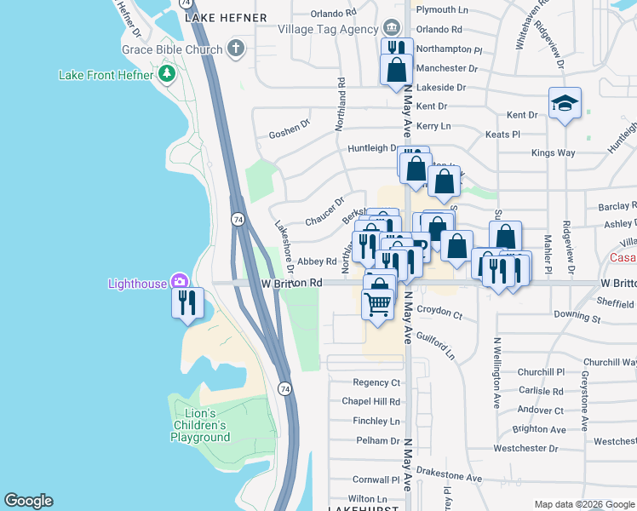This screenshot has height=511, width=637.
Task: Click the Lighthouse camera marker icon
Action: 180,282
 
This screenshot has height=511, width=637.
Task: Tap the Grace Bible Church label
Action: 171,49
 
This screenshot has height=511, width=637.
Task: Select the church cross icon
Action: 237,49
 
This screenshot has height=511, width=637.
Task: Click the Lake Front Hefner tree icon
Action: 168,74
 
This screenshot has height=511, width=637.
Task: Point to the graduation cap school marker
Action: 565,103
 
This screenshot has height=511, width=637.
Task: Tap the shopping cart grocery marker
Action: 378,301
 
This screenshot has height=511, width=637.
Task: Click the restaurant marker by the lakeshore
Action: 187,301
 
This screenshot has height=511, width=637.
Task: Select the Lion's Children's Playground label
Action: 200,424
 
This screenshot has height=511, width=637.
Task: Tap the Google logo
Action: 28,501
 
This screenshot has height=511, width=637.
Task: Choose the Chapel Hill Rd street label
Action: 370,402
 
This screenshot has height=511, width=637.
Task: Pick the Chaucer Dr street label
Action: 324,211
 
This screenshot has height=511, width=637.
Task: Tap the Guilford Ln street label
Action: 436,345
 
